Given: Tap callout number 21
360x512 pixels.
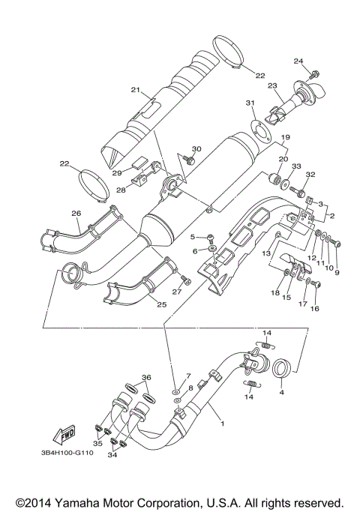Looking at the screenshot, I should (x=136, y=90).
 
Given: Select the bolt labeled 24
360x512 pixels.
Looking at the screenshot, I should (x=316, y=73).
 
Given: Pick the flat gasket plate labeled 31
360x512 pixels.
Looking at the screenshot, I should (x=259, y=127).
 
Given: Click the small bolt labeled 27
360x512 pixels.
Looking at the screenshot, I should (x=187, y=281).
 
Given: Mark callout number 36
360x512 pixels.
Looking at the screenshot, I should (x=146, y=377).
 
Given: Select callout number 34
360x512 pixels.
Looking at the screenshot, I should (x=112, y=454).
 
